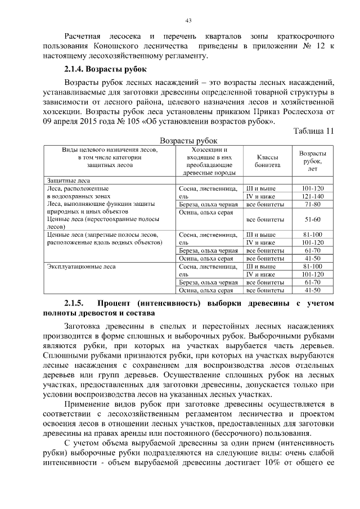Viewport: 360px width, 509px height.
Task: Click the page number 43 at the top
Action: tap(188, 21)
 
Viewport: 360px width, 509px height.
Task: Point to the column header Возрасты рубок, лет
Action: tap(312, 161)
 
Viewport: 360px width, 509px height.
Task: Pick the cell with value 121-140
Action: tap(312, 196)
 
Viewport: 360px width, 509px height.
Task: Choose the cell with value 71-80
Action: tap(312, 204)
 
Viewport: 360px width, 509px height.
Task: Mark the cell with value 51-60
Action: tap(312, 219)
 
